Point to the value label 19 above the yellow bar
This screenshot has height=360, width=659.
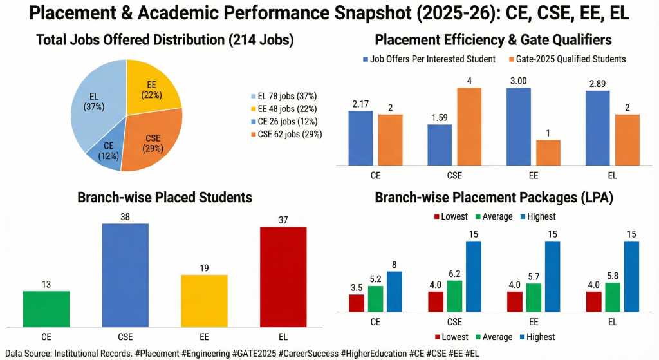[x=203, y=269]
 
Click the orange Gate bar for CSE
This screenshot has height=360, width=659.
[x=470, y=126]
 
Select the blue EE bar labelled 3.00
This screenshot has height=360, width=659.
[x=519, y=126]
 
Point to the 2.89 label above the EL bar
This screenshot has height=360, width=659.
[x=598, y=84]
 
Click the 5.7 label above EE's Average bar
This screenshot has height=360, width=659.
[x=534, y=276]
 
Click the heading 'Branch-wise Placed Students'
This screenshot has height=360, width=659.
[x=164, y=197]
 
